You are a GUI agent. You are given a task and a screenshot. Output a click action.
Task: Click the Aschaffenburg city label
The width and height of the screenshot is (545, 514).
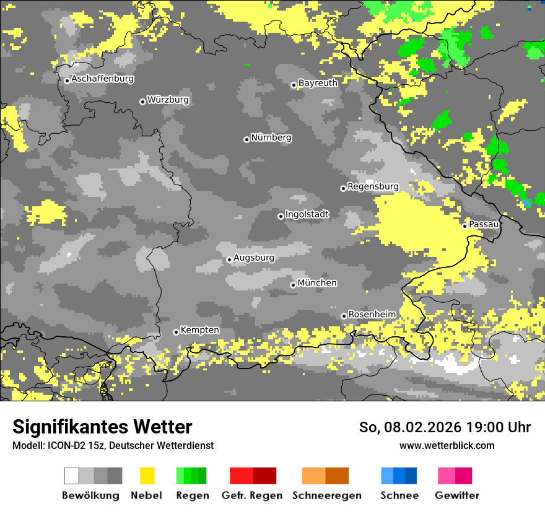pyautogui.click(x=102, y=79)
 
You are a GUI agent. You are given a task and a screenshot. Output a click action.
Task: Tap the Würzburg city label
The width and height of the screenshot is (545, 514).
pyautogui.click(x=168, y=100)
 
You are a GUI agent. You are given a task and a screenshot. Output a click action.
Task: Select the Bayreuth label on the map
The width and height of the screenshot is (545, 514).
pyautogui.click(x=318, y=83)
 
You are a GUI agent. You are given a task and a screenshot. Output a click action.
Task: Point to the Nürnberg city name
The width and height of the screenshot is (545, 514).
pyautogui.click(x=271, y=137)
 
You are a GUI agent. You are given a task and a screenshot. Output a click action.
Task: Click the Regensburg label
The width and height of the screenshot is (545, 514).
pyautogui.click(x=373, y=186)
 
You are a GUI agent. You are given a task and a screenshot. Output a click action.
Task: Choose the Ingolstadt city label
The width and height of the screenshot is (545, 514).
pyautogui.click(x=307, y=214)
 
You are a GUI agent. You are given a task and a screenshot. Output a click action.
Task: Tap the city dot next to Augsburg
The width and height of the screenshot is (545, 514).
pyautogui.click(x=229, y=259)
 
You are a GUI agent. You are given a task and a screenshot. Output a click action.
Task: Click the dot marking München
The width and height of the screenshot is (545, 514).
pyautogui.click(x=293, y=285)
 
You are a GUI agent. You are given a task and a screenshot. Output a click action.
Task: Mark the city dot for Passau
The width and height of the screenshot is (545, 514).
pyautogui.click(x=464, y=225)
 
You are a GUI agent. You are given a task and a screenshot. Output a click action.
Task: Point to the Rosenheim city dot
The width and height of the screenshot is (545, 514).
pyautogui.click(x=344, y=316)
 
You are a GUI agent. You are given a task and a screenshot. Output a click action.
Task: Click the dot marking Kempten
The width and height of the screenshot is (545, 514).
pyautogui.click(x=176, y=332)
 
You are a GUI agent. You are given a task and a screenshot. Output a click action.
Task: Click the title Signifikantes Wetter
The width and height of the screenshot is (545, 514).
pyautogui.click(x=102, y=427)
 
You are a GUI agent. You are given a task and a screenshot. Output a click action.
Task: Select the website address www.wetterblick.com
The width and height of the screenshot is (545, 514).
pyautogui.click(x=447, y=445)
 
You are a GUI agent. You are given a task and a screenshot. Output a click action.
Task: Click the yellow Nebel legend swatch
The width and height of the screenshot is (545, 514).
pyautogui.click(x=147, y=476)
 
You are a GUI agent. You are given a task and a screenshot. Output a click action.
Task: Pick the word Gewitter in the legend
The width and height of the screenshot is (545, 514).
pyautogui.click(x=456, y=495)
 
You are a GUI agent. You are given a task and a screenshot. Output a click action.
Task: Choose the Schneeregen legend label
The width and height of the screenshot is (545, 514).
pyautogui.click(x=327, y=495)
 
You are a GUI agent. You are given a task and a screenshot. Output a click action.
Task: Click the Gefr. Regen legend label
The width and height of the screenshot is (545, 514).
pyautogui.click(x=251, y=495)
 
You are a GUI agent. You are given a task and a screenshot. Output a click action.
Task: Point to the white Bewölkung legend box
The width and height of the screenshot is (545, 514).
pyautogui.click(x=72, y=476)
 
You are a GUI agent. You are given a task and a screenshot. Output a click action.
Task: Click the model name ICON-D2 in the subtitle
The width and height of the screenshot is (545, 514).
pyautogui.click(x=64, y=445)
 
